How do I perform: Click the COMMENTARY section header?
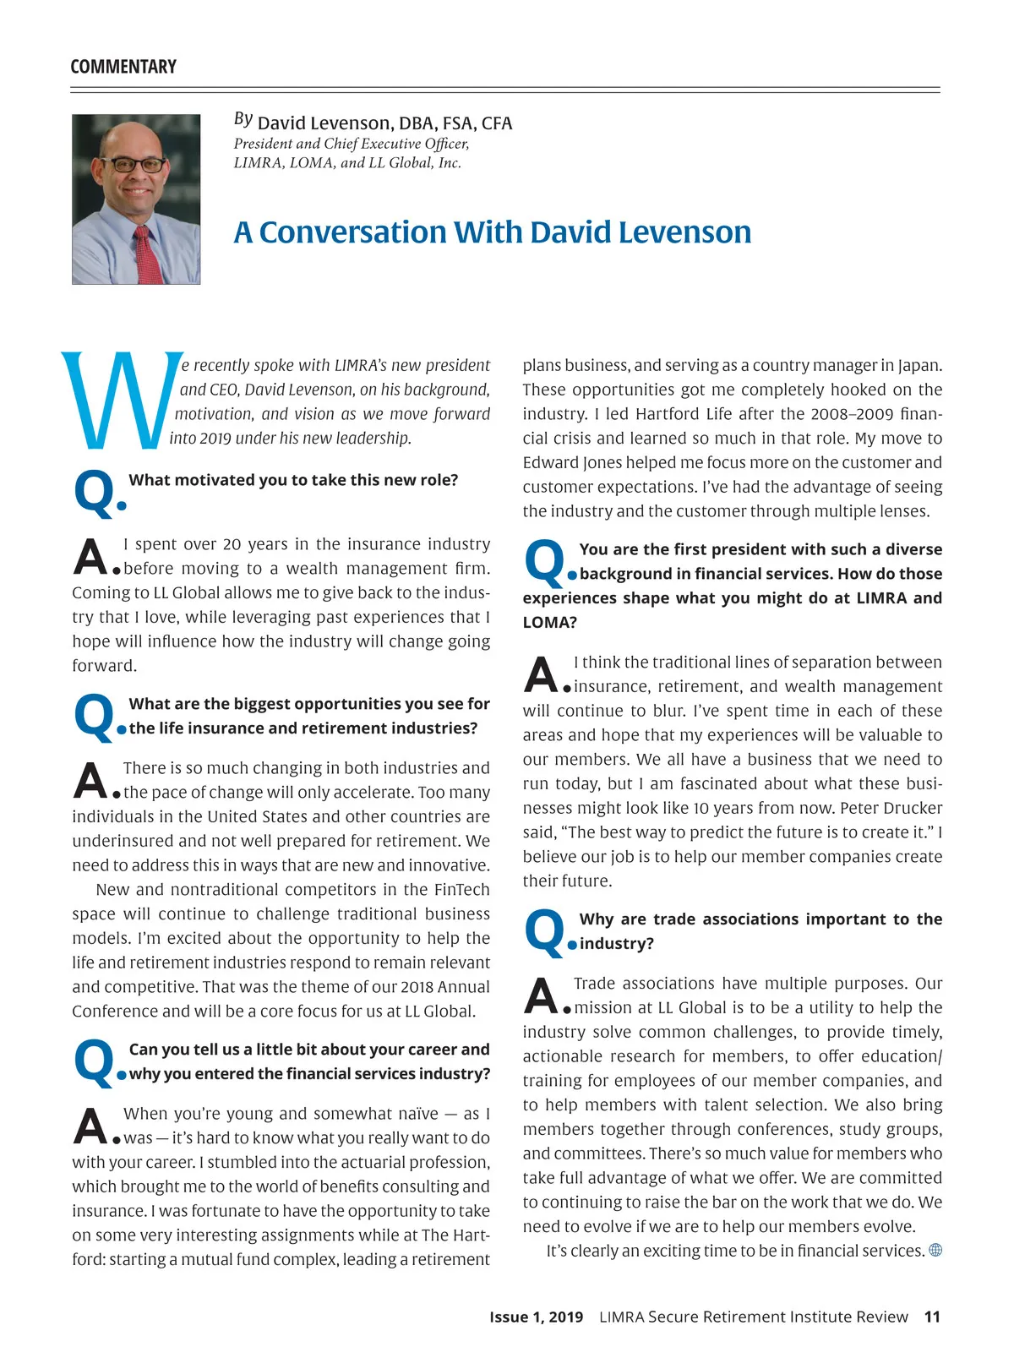pyautogui.click(x=123, y=67)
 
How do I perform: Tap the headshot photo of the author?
pyautogui.click(x=136, y=199)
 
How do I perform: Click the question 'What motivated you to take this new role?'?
pyautogui.click(x=293, y=480)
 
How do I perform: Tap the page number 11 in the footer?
pyautogui.click(x=932, y=1317)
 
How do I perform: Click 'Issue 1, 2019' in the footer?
pyautogui.click(x=536, y=1317)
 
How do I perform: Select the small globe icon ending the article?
pyautogui.click(x=935, y=1251)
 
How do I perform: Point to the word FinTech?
pyautogui.click(x=461, y=890)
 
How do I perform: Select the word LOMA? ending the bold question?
pyautogui.click(x=549, y=623)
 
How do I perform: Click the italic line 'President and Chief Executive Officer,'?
pyautogui.click(x=352, y=144)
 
